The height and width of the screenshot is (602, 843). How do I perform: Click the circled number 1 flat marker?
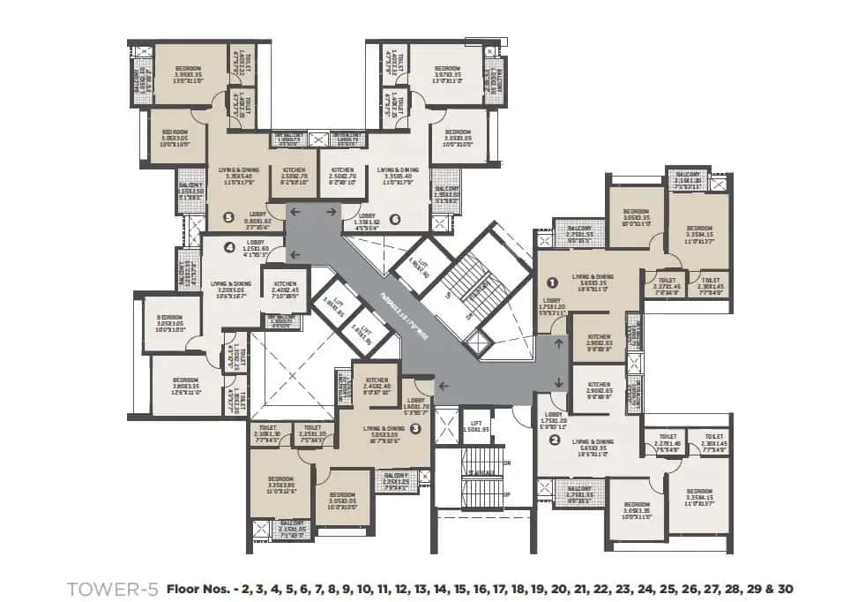(x=553, y=283)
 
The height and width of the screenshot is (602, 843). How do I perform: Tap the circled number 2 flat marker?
(x=555, y=440)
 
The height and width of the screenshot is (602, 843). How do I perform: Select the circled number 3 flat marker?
(x=414, y=429)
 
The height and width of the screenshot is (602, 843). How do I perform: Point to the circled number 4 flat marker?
(x=229, y=247)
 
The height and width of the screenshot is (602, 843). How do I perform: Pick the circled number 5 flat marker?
(x=229, y=216)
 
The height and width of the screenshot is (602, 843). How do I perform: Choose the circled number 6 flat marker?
(x=394, y=218)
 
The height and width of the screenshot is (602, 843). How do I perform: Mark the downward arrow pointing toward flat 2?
(x=559, y=381)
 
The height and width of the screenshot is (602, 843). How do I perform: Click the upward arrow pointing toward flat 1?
(x=559, y=342)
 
